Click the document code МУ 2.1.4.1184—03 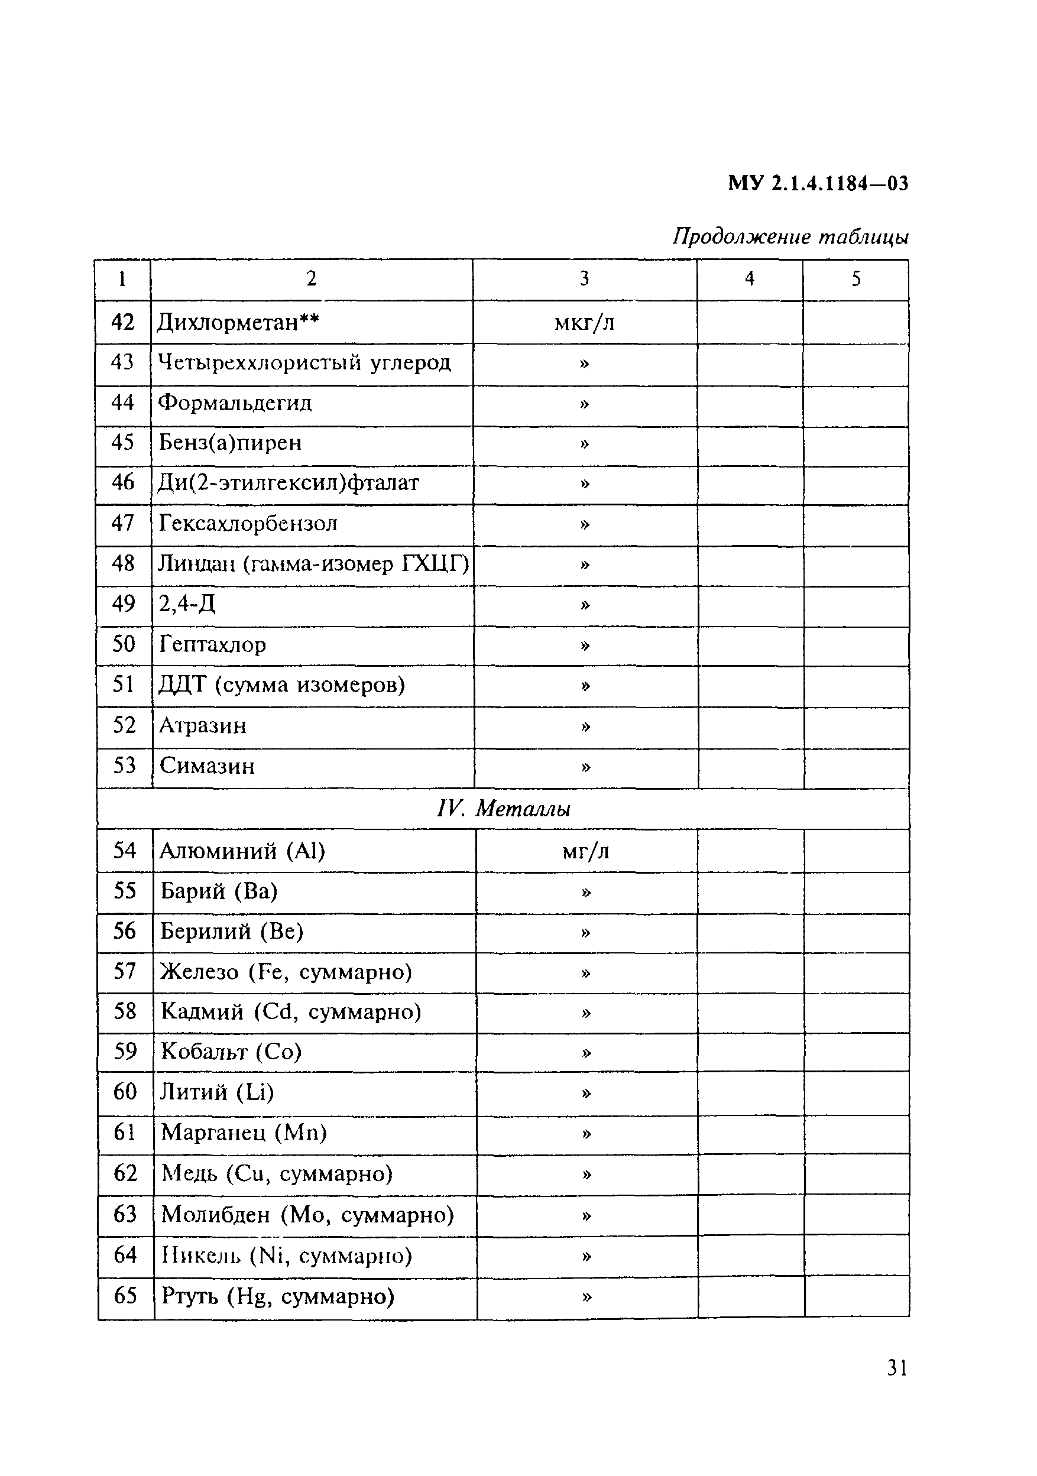coord(818,184)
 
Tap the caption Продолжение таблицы coord(790,237)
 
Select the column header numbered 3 coord(584,278)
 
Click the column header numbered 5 coord(855,278)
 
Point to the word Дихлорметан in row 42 coord(228,322)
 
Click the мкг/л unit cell coord(584,322)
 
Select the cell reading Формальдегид coord(235,403)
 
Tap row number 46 coord(123,482)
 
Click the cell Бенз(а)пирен coord(230,443)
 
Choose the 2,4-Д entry coord(187,604)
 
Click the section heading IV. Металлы coord(503,809)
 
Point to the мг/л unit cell coord(585,851)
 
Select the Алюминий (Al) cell coord(242,851)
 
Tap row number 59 coord(125,1051)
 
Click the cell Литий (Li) coord(218,1092)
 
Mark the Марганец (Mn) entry coord(244,1132)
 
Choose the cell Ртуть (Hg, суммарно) coord(278,1296)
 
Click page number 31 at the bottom coord(897,1368)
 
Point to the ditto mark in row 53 coord(585,766)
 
